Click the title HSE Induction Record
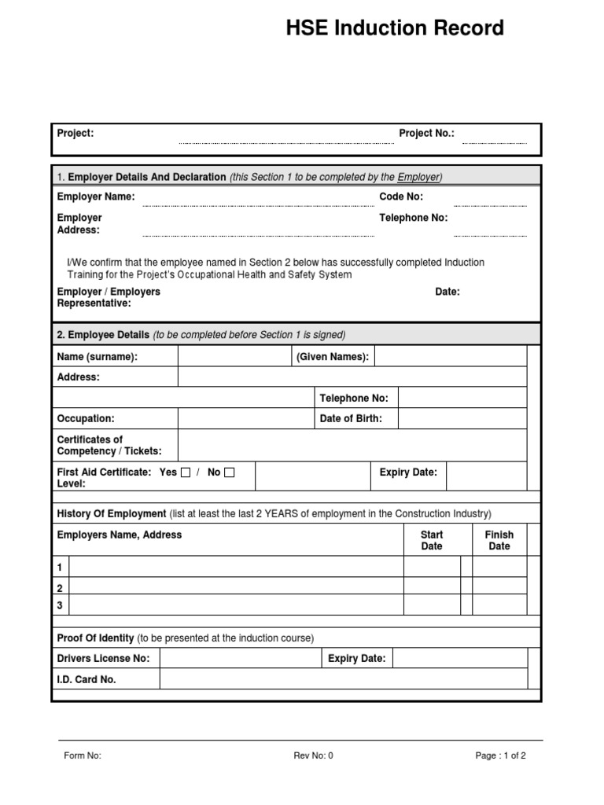(394, 29)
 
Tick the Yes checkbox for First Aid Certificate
(186, 472)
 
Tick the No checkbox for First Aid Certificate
(229, 472)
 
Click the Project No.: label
(426, 134)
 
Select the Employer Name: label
(96, 197)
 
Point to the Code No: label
(401, 197)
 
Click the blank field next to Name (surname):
(234, 357)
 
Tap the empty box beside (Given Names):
(450, 357)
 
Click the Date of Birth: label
(351, 419)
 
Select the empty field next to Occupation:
(245, 419)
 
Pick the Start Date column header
(432, 540)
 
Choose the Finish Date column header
(499, 540)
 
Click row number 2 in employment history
(60, 587)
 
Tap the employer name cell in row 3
(236, 605)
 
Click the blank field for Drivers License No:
(240, 659)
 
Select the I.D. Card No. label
(87, 679)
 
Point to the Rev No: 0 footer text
(313, 756)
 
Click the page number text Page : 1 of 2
(500, 756)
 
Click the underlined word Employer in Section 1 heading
(418, 177)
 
